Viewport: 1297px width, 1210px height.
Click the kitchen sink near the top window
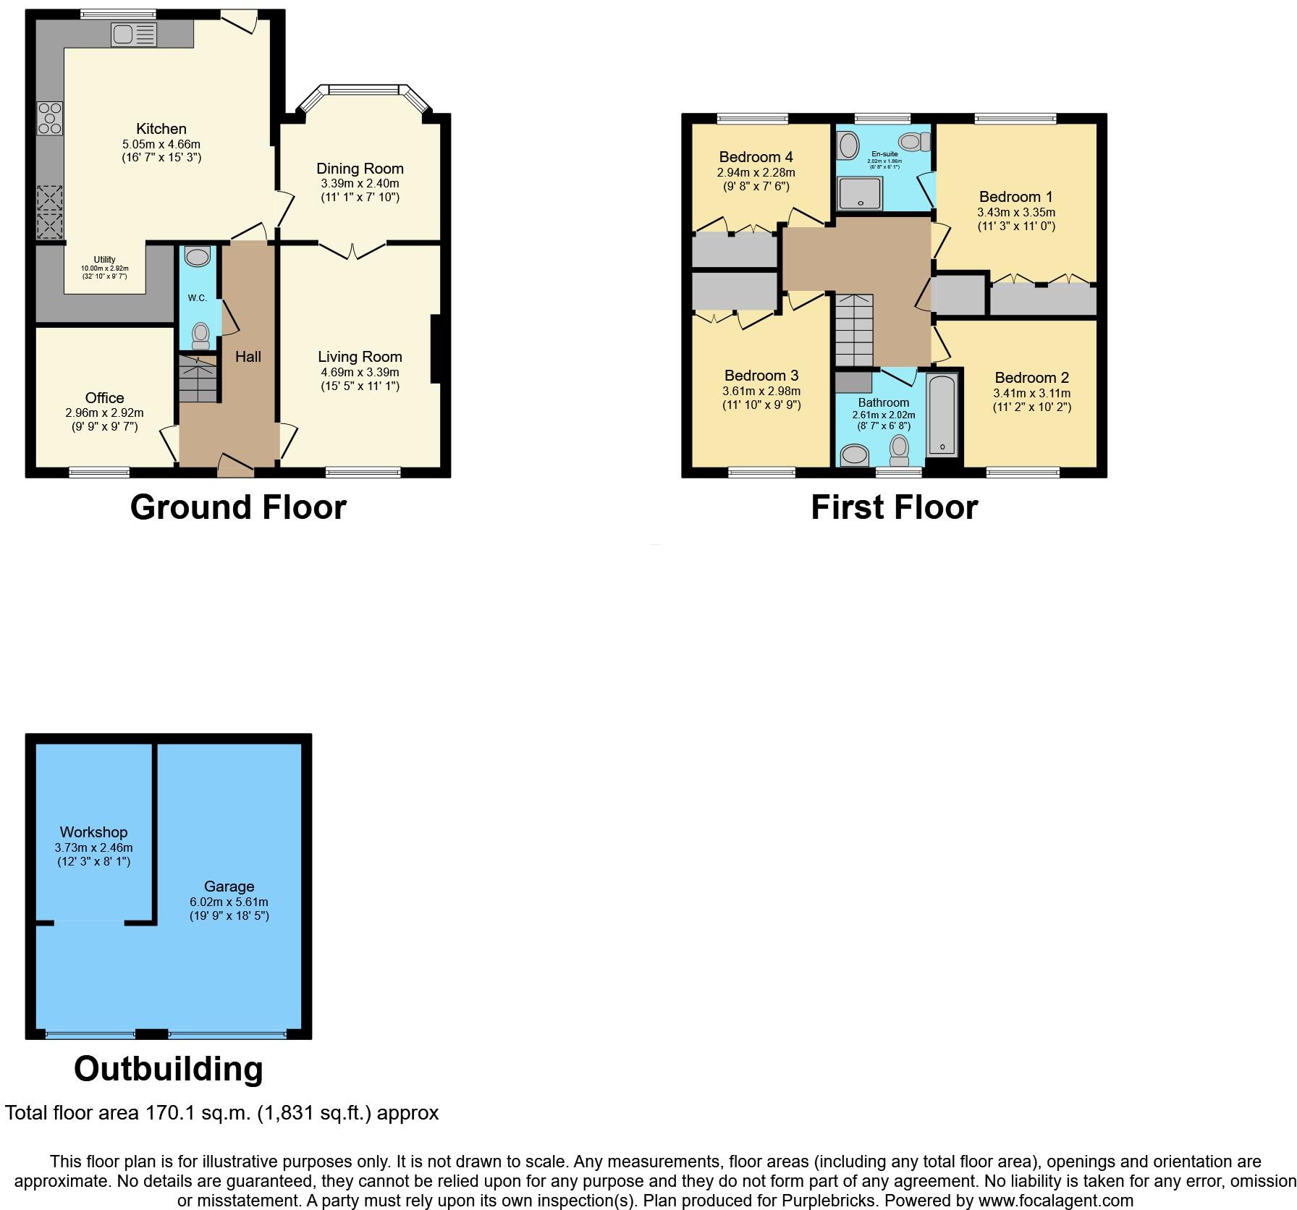(x=133, y=35)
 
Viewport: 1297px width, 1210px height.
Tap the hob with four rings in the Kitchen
(x=50, y=119)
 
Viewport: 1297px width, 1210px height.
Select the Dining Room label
(x=360, y=169)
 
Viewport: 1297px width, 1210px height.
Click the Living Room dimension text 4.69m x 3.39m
(x=360, y=373)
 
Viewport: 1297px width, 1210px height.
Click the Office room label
(x=104, y=398)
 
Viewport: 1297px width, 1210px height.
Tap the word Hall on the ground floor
(x=248, y=357)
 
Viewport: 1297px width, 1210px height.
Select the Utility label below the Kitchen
(x=104, y=260)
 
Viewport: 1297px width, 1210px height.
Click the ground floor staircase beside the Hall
(x=198, y=378)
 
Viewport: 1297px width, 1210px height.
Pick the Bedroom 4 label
(x=756, y=157)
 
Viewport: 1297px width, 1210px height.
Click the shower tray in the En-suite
(x=860, y=193)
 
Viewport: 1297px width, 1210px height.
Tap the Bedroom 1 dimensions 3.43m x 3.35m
(x=1015, y=213)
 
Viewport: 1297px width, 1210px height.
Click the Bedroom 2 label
(x=1031, y=378)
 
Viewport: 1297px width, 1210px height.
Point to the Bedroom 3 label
(x=761, y=376)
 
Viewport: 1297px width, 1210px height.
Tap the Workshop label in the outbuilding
(x=93, y=832)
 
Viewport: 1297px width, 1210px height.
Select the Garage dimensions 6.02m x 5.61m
(x=229, y=902)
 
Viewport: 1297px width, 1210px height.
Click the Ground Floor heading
(x=238, y=507)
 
